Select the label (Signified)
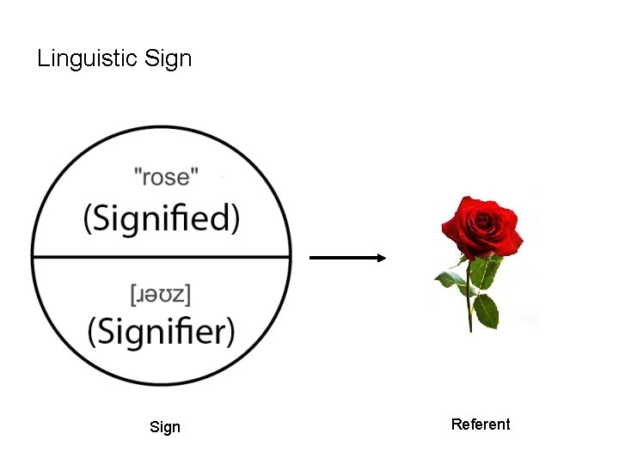pyautogui.click(x=162, y=218)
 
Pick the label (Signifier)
pyautogui.click(x=162, y=330)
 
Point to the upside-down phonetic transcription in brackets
pyautogui.click(x=161, y=295)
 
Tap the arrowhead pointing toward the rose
pyautogui.click(x=380, y=257)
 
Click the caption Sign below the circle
pyautogui.click(x=165, y=427)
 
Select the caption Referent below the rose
pyautogui.click(x=481, y=424)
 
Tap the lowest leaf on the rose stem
pyautogui.click(x=486, y=310)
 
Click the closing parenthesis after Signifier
pyautogui.click(x=230, y=331)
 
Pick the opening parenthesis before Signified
pyautogui.click(x=88, y=219)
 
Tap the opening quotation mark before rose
pyautogui.click(x=138, y=171)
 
